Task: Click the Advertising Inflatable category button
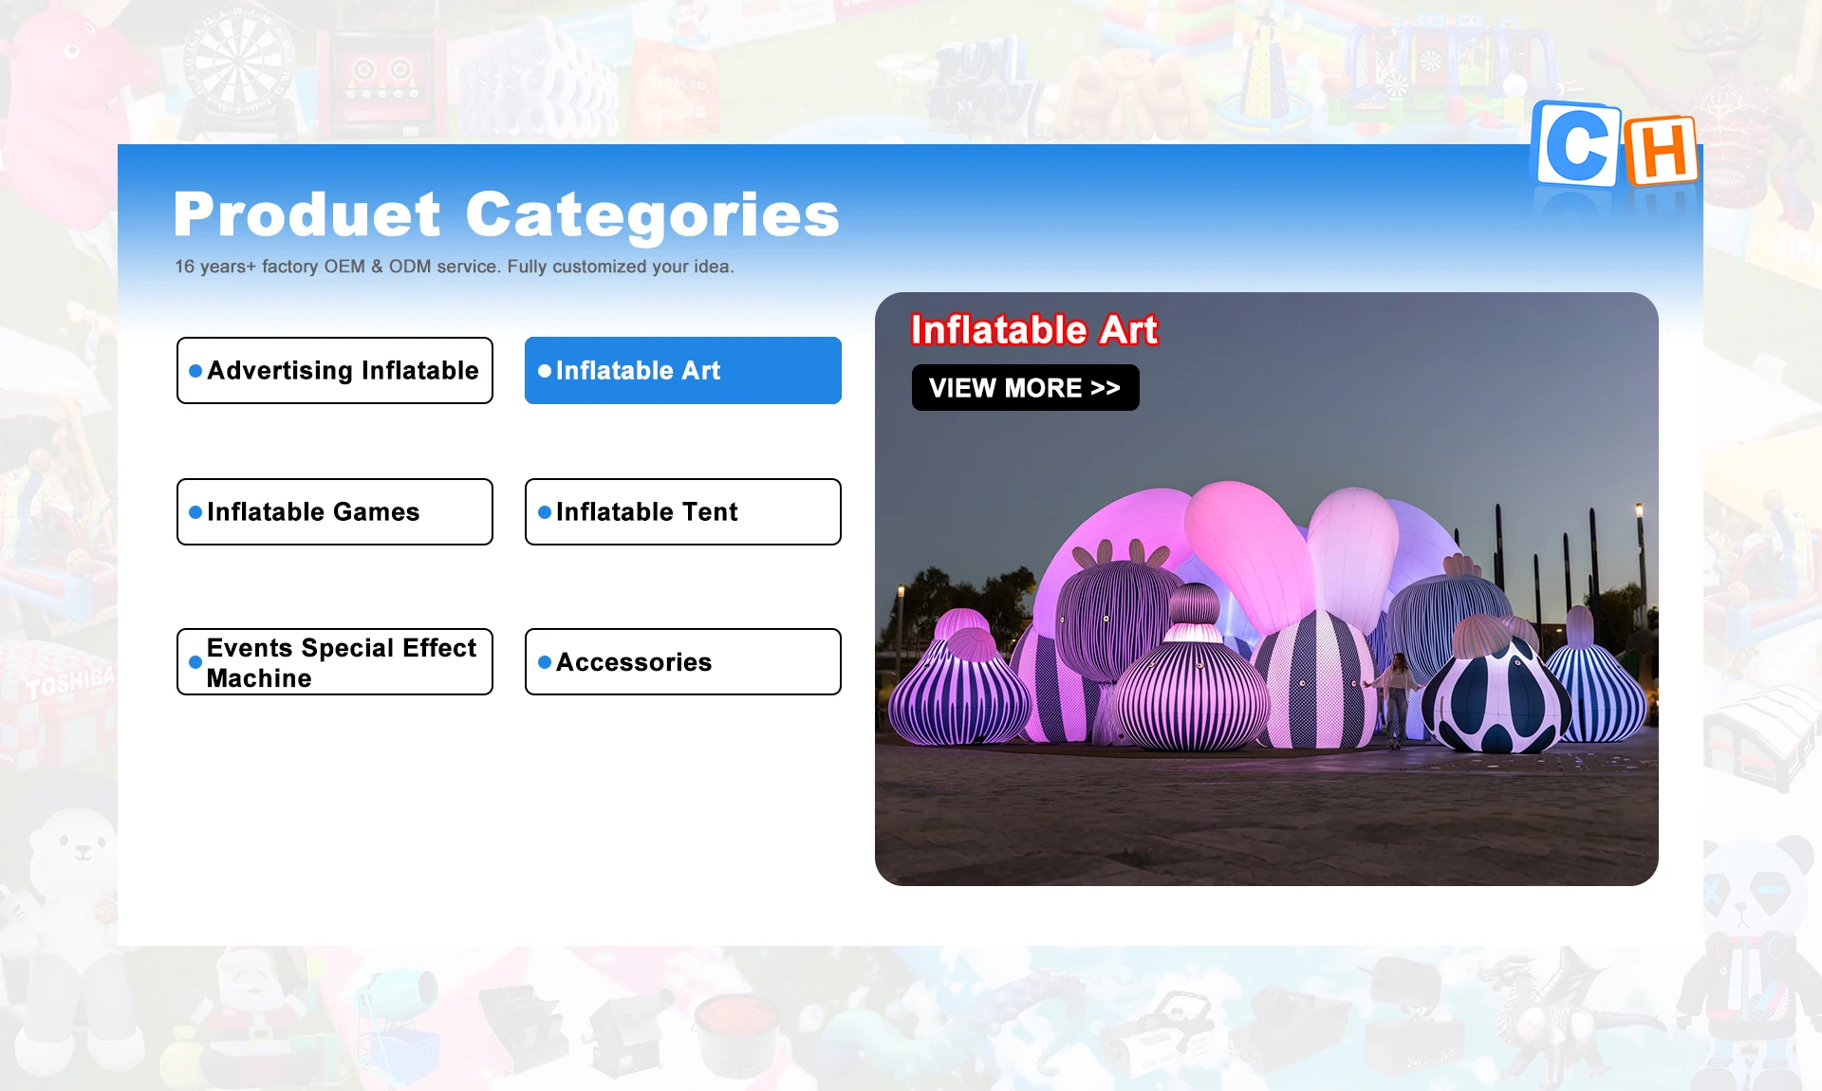click(335, 370)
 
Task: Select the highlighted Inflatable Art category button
click(683, 370)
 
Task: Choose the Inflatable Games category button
click(335, 511)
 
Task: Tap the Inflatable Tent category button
click(683, 511)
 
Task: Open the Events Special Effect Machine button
click(335, 661)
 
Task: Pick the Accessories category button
click(683, 661)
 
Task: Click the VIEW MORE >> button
click(1026, 387)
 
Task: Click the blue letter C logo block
click(1576, 144)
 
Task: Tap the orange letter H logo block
click(1661, 151)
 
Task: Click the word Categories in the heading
click(653, 215)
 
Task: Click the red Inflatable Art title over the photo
click(1034, 329)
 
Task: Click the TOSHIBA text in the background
click(69, 681)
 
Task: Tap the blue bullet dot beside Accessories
click(545, 662)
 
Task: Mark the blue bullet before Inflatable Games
click(195, 512)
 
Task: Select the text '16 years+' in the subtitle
click(215, 267)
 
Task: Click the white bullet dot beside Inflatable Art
click(545, 371)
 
